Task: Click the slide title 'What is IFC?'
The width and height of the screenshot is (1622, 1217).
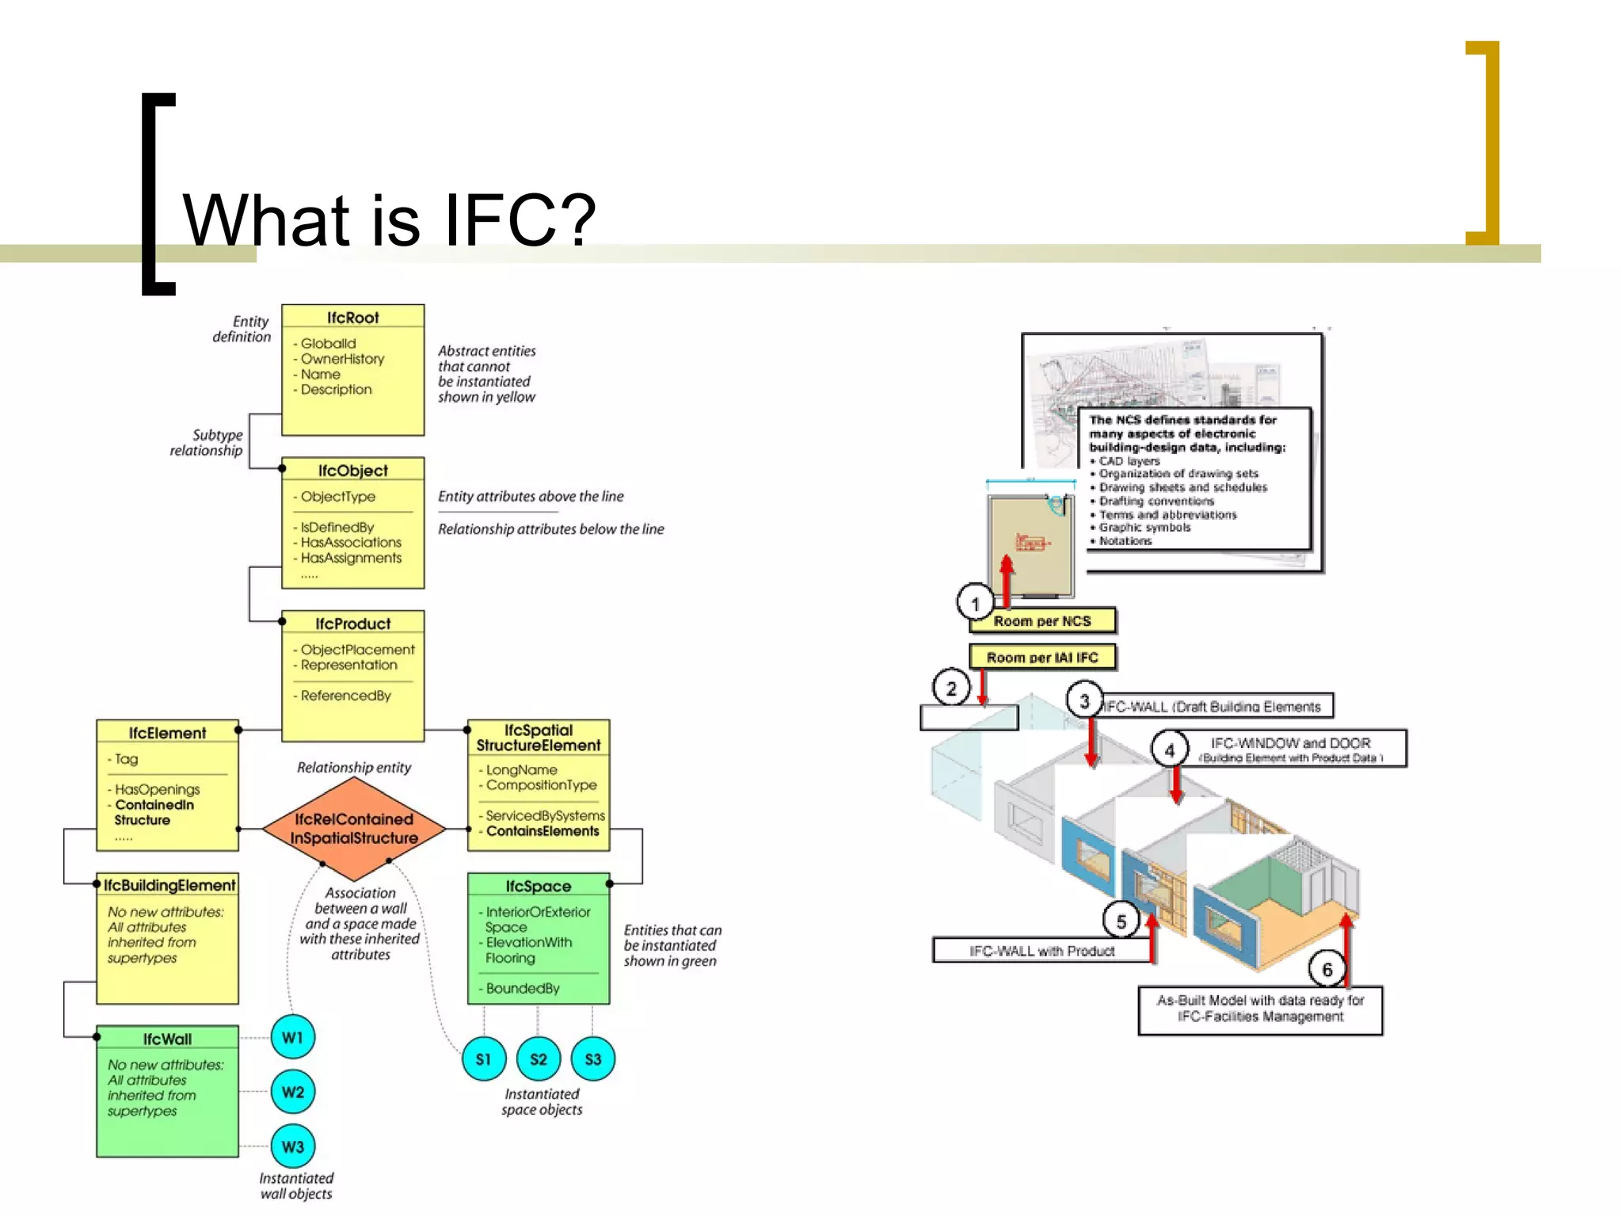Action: (389, 220)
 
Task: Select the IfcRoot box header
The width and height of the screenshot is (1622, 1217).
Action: (352, 318)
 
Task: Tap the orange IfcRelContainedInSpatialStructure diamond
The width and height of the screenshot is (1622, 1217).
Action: (354, 828)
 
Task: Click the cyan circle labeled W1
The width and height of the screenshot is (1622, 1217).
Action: (292, 1037)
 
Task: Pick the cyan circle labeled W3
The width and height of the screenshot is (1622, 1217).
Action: (292, 1146)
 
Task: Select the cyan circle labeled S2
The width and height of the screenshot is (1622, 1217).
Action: (538, 1059)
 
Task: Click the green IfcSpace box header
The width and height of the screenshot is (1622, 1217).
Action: (538, 886)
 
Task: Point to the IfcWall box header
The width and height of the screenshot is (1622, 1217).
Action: (167, 1039)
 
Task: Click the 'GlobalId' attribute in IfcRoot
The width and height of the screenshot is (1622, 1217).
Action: (328, 343)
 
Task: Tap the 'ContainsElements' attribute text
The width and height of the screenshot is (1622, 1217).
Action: (543, 831)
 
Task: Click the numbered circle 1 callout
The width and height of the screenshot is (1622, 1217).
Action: (975, 603)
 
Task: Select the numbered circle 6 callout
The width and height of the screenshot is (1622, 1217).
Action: (1327, 970)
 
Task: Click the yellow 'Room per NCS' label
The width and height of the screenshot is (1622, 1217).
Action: (1042, 621)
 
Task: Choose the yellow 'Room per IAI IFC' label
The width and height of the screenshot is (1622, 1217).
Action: (1042, 658)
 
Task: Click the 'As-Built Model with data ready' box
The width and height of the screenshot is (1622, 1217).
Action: (1260, 1009)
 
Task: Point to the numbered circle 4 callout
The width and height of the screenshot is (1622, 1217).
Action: (1170, 750)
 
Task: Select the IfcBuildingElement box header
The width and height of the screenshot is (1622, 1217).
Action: (169, 885)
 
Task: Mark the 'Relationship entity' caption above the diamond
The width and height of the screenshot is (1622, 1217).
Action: (354, 767)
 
